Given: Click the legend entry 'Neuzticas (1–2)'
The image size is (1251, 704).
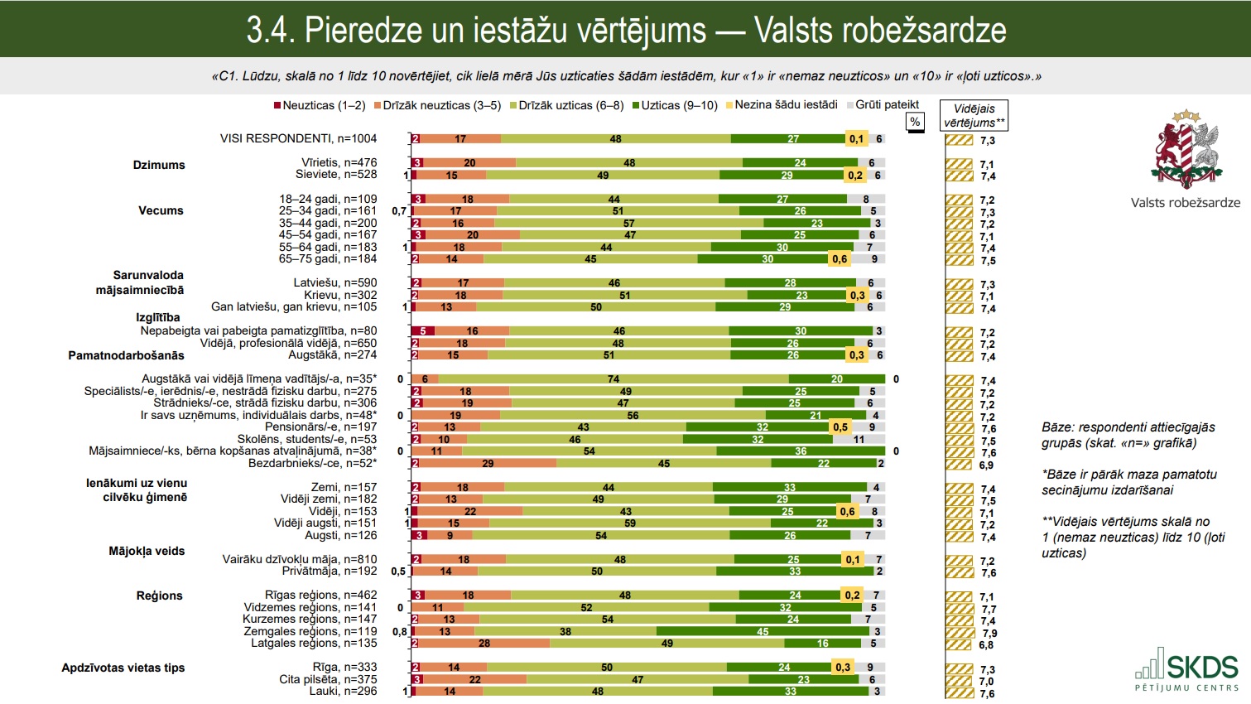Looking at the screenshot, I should (x=320, y=105).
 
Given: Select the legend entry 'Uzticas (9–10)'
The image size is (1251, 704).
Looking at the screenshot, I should (x=675, y=105).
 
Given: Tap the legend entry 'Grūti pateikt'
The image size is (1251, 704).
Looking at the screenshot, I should (x=883, y=105).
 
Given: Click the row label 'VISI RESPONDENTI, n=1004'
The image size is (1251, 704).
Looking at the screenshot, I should (x=298, y=139).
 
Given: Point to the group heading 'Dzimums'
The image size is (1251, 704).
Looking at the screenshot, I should (x=159, y=165).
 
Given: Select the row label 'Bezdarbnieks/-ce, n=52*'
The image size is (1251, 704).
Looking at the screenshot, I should (x=312, y=464).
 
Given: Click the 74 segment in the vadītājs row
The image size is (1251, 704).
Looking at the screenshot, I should (x=613, y=379).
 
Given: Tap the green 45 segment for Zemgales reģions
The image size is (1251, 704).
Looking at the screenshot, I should (x=763, y=632).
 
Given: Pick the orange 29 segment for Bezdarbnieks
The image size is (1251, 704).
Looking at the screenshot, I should (x=488, y=464).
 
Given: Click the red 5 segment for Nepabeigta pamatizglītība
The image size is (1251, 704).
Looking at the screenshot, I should (x=423, y=331).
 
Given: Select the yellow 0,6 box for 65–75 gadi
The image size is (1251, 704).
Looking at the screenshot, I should (x=840, y=259).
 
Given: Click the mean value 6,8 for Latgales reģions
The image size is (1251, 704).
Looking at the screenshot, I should (x=986, y=645).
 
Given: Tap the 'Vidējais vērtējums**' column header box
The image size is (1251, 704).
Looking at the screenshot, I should (x=974, y=116).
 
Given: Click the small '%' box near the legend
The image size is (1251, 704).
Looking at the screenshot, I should (x=915, y=122).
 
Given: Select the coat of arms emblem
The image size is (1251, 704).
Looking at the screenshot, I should (x=1186, y=149).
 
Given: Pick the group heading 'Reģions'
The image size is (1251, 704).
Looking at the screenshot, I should (x=159, y=596).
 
